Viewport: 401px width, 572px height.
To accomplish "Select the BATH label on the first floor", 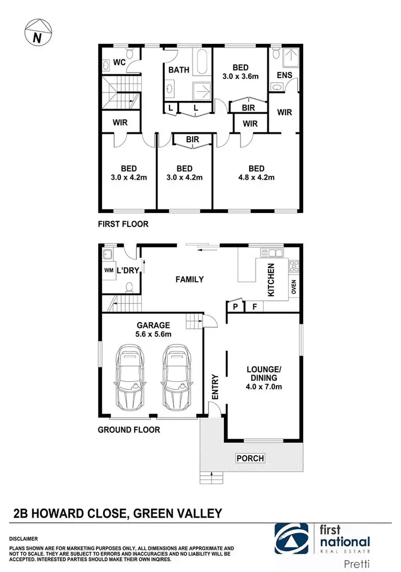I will (178, 70).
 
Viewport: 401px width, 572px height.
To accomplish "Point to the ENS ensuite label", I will (284, 75).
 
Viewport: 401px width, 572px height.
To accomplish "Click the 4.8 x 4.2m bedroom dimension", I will (256, 177).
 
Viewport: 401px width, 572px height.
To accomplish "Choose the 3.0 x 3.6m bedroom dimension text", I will (240, 76).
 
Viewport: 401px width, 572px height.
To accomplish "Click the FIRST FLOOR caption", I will (123, 224).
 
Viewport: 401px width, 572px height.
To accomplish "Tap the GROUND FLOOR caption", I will (129, 429).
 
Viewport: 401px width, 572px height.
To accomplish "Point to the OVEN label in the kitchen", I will (294, 287).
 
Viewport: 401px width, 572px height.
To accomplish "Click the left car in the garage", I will (130, 377).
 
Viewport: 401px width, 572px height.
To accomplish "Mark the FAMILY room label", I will (190, 279).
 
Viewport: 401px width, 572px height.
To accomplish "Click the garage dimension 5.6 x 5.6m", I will (153, 334).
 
